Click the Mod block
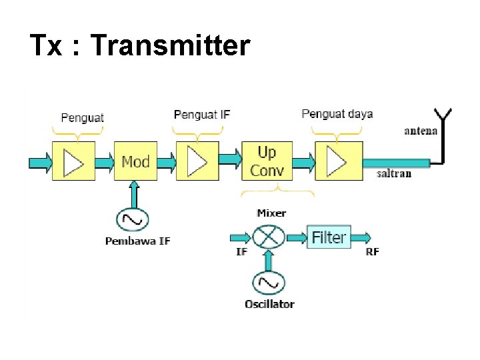click(135, 161)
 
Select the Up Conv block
click(267, 161)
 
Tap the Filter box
click(329, 237)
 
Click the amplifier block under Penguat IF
click(197, 161)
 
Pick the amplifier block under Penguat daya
click(339, 161)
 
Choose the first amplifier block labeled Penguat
click(73, 161)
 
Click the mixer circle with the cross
click(269, 237)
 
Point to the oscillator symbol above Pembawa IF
click(133, 219)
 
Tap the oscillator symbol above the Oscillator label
click(269, 283)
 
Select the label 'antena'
click(421, 131)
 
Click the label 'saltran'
click(393, 174)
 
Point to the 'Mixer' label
click(271, 213)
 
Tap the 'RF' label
click(373, 251)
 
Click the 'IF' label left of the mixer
click(241, 251)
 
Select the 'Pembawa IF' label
click(137, 241)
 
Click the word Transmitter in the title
click(169, 46)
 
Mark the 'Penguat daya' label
click(337, 114)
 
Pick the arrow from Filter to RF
click(361, 237)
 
